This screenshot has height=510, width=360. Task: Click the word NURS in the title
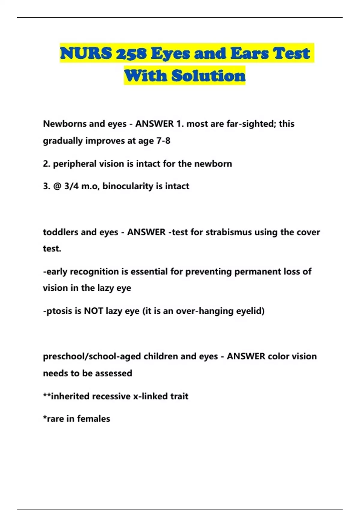86,53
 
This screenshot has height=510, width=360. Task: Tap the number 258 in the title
131,53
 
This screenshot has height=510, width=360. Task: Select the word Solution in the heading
208,76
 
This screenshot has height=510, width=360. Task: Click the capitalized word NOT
93,311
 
